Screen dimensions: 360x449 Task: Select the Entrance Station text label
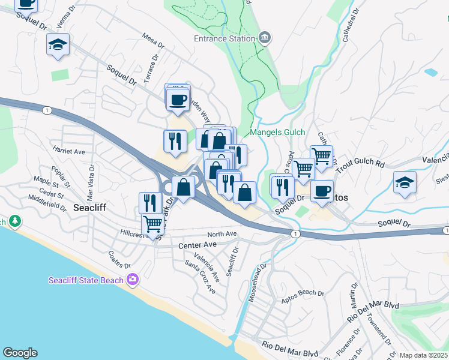pyautogui.click(x=224, y=39)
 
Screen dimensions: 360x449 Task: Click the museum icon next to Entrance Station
pyautogui.click(x=264, y=39)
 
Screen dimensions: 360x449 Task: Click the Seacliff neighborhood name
pyautogui.click(x=89, y=208)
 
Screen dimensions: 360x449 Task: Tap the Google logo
pyautogui.click(x=19, y=353)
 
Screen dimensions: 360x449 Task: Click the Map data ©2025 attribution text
pyautogui.click(x=423, y=355)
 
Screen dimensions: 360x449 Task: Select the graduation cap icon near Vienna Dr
pyautogui.click(x=58, y=45)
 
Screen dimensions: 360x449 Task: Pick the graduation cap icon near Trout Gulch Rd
pyautogui.click(x=405, y=182)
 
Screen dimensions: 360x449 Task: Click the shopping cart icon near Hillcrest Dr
pyautogui.click(x=153, y=224)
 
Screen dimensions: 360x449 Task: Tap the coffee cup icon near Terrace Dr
pyautogui.click(x=178, y=100)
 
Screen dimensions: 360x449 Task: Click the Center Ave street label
pyautogui.click(x=197, y=245)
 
